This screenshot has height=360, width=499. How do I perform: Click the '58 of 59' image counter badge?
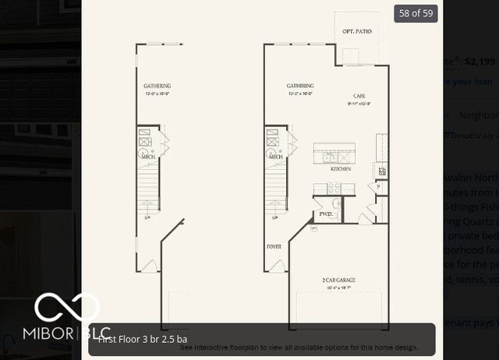coord(416,12)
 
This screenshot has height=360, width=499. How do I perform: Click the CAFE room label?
coord(359,96)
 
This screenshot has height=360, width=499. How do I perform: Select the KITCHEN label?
coord(341,169)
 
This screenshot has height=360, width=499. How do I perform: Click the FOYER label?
coord(274,247)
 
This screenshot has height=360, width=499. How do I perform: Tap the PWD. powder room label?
coord(325,214)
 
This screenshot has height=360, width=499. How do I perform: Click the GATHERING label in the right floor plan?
coord(300,86)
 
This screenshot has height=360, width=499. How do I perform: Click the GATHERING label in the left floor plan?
coord(157,86)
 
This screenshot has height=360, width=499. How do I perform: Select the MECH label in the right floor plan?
coord(276,157)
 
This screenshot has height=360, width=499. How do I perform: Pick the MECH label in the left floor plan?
coord(147,157)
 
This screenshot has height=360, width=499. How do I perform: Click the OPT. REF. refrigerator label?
coord(382,170)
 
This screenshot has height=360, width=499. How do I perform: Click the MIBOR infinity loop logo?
coord(66,309)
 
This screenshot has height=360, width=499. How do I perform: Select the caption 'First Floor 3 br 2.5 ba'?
coord(142,339)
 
